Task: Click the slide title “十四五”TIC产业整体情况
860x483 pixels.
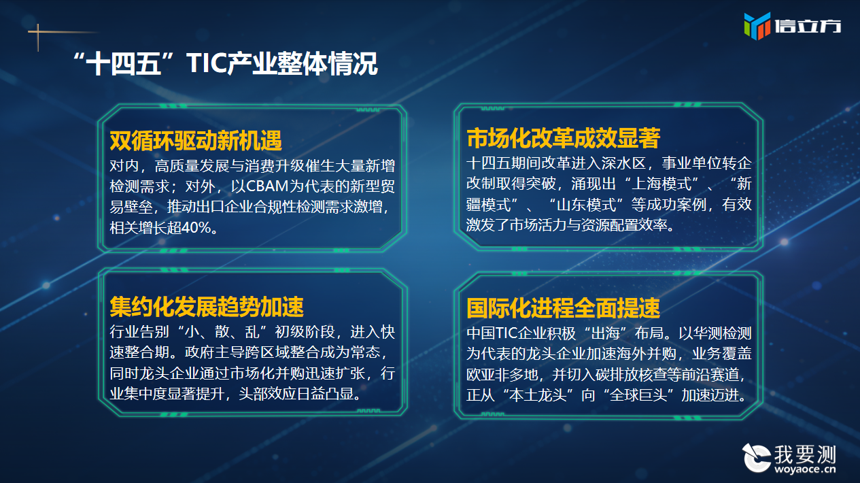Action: click(225, 63)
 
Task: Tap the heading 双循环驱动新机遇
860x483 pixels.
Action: click(196, 141)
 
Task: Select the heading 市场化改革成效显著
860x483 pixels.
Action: click(563, 138)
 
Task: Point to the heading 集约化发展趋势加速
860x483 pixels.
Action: click(207, 307)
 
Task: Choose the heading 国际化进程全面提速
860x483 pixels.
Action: click(563, 308)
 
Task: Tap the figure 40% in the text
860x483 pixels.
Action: click(196, 228)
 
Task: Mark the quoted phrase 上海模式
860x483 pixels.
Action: click(661, 184)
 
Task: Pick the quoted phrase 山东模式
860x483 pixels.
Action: click(586, 204)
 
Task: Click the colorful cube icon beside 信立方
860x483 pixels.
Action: click(757, 26)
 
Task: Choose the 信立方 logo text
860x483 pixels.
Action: click(808, 26)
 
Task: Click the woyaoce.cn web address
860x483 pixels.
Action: click(805, 469)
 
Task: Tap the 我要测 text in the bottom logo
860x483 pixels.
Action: click(805, 454)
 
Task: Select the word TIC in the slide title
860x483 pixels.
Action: click(206, 63)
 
